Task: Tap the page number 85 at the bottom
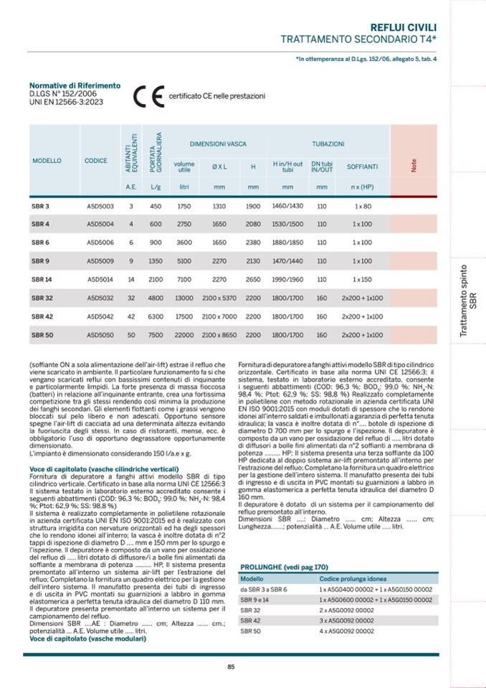(231, 666)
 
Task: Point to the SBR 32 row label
(42, 298)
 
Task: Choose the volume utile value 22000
(184, 335)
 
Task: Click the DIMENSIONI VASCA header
(218, 145)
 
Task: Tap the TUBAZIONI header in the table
(328, 145)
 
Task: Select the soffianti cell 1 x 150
(363, 279)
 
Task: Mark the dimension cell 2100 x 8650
(219, 335)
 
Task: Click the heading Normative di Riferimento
(75, 85)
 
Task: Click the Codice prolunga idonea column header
(352, 578)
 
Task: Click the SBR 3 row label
(40, 206)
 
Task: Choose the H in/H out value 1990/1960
(288, 279)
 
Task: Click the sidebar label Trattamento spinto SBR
(467, 301)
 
